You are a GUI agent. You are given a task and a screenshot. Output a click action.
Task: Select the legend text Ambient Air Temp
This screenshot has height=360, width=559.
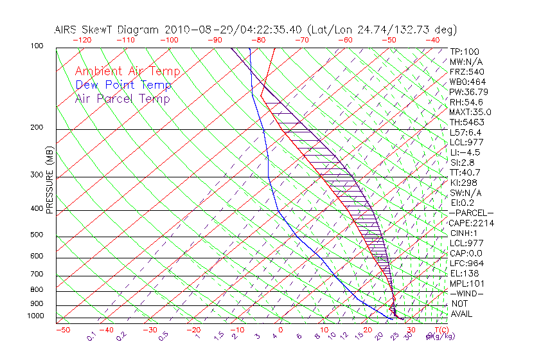tap(127, 71)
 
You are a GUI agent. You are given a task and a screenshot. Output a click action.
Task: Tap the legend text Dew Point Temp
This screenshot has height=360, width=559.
tap(123, 85)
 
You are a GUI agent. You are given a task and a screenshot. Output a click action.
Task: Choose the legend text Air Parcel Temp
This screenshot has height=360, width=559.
tap(123, 98)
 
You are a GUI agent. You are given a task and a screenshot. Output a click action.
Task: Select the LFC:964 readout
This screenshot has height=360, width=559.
tap(466, 263)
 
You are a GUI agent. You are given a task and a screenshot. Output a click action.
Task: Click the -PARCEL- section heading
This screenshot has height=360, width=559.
tap(471, 213)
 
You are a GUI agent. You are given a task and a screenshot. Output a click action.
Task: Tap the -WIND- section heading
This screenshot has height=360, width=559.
tap(467, 293)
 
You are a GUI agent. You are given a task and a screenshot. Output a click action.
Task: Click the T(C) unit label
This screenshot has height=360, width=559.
tap(441, 330)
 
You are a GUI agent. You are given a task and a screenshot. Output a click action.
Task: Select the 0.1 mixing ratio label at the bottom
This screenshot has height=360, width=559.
tap(93, 335)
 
